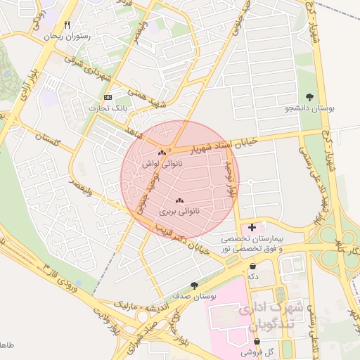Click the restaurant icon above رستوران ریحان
[67, 25]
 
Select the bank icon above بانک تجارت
[107, 97]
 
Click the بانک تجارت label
[105, 108]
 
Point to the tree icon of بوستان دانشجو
[309, 97]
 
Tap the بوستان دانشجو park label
[309, 108]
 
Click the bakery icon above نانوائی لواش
[162, 153]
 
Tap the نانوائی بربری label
[179, 211]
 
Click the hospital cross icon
[252, 227]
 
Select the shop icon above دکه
[252, 266]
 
